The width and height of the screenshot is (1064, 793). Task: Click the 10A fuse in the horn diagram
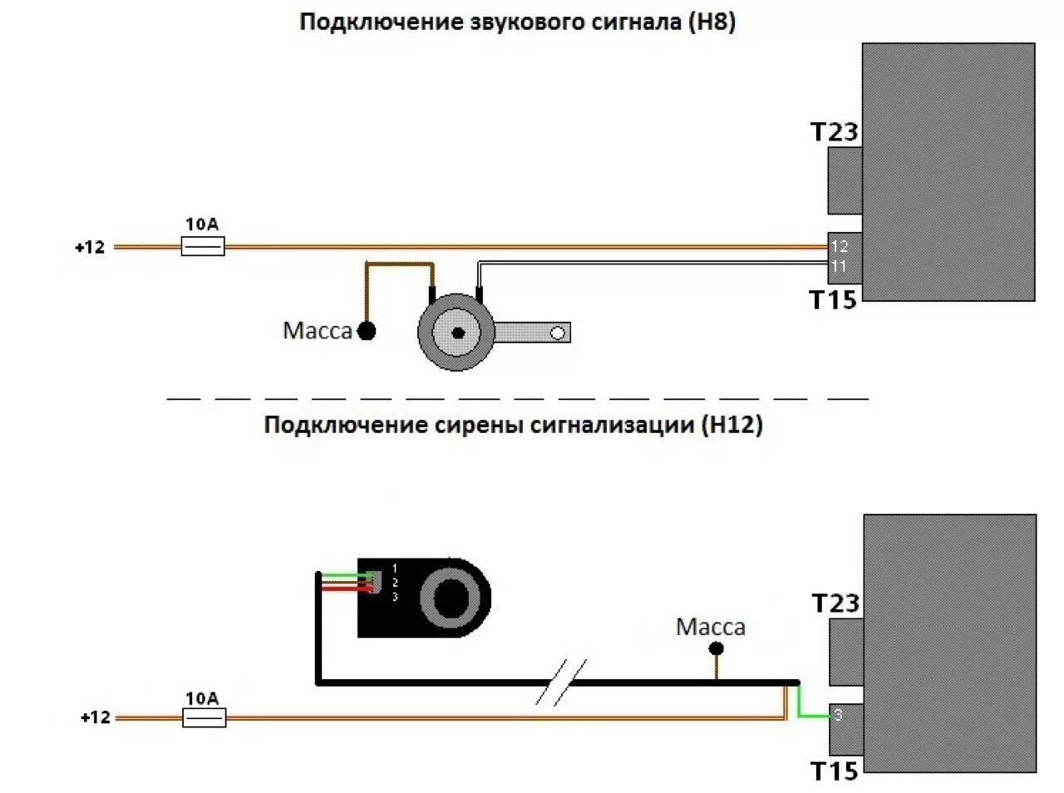pyautogui.click(x=203, y=246)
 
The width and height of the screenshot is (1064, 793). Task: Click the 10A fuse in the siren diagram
pyautogui.click(x=204, y=717)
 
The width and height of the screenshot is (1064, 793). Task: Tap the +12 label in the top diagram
pyautogui.click(x=90, y=247)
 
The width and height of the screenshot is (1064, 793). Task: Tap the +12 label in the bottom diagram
pyautogui.click(x=95, y=717)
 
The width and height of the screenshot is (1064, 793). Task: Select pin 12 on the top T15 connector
pyautogui.click(x=840, y=246)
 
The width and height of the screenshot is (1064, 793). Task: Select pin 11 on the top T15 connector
pyautogui.click(x=839, y=267)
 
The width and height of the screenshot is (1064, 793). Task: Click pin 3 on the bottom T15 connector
pyautogui.click(x=838, y=715)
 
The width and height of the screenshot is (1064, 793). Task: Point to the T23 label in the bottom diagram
pyautogui.click(x=835, y=603)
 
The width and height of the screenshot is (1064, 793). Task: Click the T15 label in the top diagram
pyautogui.click(x=833, y=300)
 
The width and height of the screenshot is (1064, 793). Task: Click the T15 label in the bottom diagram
pyautogui.click(x=835, y=771)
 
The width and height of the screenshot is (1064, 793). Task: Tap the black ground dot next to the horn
pyautogui.click(x=367, y=331)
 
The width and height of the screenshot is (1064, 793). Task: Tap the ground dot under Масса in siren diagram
pyautogui.click(x=716, y=649)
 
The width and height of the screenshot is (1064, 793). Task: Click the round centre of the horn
pyautogui.click(x=456, y=332)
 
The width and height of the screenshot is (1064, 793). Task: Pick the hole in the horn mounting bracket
pyautogui.click(x=558, y=333)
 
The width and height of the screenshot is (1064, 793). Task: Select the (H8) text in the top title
pyautogui.click(x=712, y=22)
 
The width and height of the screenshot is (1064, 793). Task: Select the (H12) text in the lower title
pyautogui.click(x=731, y=425)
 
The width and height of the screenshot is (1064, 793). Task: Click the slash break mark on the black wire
pyautogui.click(x=560, y=682)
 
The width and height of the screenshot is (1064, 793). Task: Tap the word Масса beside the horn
pyautogui.click(x=318, y=331)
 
